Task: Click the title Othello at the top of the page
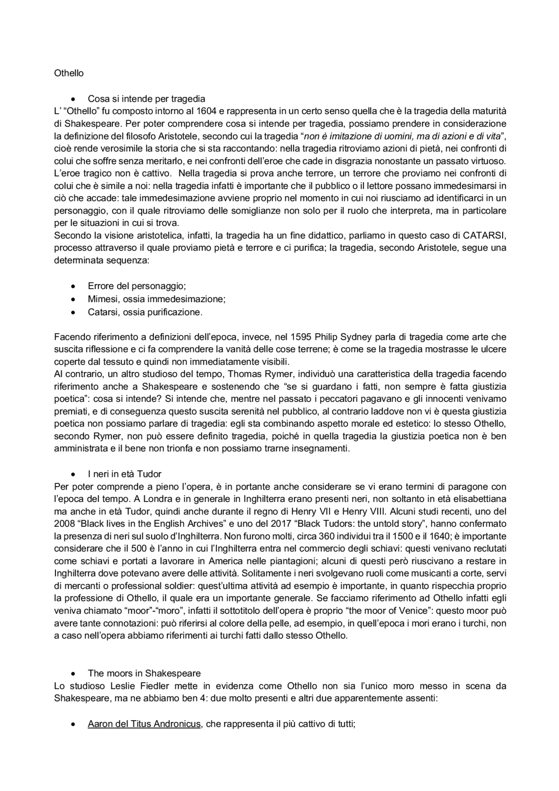(x=69, y=73)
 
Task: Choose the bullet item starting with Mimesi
(x=156, y=299)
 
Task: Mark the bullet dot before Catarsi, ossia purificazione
(x=74, y=312)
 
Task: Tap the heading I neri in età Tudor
(x=124, y=474)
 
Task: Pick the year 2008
(x=64, y=523)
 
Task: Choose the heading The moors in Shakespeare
(x=144, y=673)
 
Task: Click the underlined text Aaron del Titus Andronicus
(x=144, y=724)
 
